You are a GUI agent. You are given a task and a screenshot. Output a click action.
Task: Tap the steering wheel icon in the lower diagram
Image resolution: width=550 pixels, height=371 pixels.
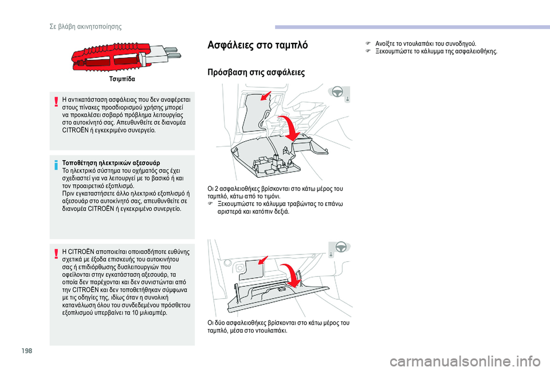(x=340, y=247)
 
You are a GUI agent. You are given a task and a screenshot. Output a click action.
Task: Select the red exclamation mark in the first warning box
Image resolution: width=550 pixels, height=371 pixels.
(x=56, y=102)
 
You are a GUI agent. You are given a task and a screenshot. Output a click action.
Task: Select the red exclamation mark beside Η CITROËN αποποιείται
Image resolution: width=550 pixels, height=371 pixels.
(x=56, y=254)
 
